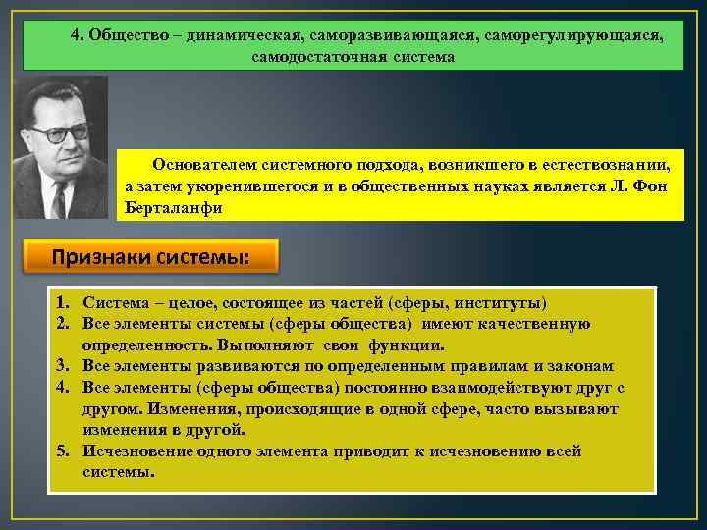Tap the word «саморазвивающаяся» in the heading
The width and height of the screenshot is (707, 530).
(x=367, y=34)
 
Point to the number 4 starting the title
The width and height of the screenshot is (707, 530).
(x=76, y=34)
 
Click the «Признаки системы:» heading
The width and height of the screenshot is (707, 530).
(x=151, y=258)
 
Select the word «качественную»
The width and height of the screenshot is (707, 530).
(x=534, y=324)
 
